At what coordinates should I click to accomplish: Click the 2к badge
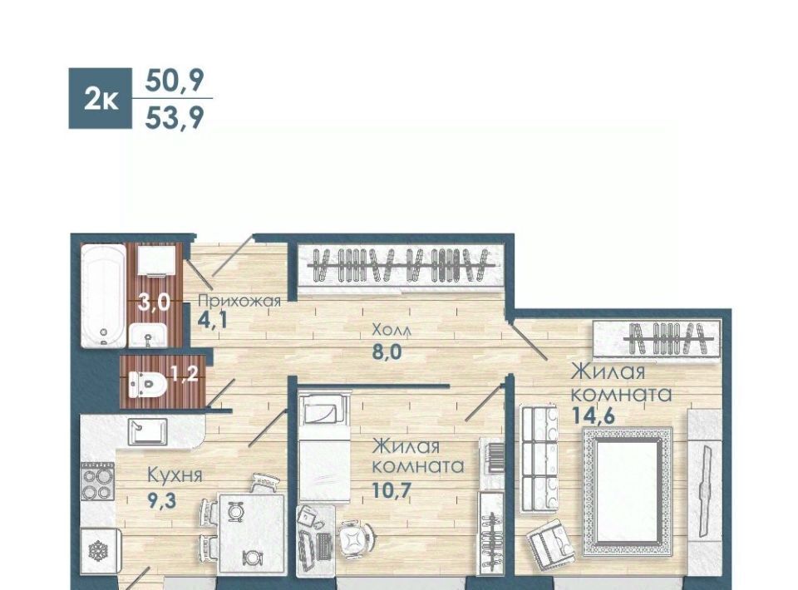(x=101, y=98)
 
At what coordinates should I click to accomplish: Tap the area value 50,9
(x=174, y=80)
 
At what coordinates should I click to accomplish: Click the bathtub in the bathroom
(x=103, y=296)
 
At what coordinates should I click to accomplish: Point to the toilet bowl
(x=147, y=384)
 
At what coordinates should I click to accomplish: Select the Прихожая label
(x=239, y=301)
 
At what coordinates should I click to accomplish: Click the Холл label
(x=392, y=330)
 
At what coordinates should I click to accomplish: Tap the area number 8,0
(x=387, y=352)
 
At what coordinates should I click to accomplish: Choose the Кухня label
(x=175, y=475)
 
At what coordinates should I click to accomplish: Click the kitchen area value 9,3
(x=161, y=500)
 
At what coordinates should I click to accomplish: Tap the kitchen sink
(x=147, y=432)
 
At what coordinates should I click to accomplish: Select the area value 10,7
(x=391, y=491)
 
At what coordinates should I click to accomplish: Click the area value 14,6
(x=593, y=415)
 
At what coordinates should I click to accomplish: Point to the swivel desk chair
(x=355, y=539)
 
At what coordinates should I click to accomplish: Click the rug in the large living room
(x=628, y=492)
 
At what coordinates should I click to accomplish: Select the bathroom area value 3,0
(x=155, y=302)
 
